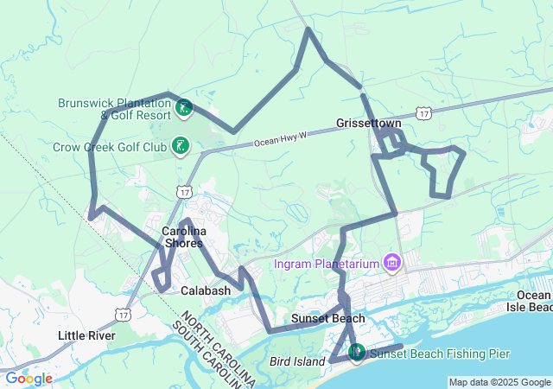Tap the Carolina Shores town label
(x=183, y=237)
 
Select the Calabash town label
(x=206, y=291)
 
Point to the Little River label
(x=86, y=335)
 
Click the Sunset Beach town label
(x=327, y=318)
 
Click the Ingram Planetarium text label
(x=327, y=263)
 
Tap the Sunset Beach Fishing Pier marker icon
(x=356, y=352)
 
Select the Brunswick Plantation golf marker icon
(x=183, y=109)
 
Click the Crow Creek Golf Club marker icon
(x=181, y=146)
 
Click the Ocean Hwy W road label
(x=282, y=139)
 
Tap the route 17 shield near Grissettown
(x=423, y=113)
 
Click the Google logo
(x=29, y=379)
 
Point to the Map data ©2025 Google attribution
(x=499, y=382)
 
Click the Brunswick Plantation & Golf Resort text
(x=114, y=108)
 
